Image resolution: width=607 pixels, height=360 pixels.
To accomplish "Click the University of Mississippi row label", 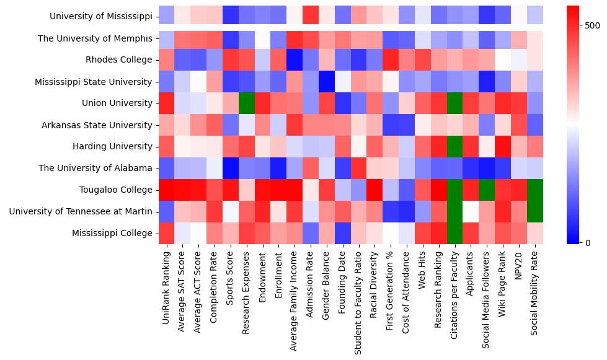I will pyautogui.click(x=100, y=17).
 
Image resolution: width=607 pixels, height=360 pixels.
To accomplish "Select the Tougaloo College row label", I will pyautogui.click(x=116, y=190).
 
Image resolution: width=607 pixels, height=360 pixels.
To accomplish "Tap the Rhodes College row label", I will pyautogui.click(x=118, y=60).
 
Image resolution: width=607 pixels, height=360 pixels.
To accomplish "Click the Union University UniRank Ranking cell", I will pyautogui.click(x=166, y=103).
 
